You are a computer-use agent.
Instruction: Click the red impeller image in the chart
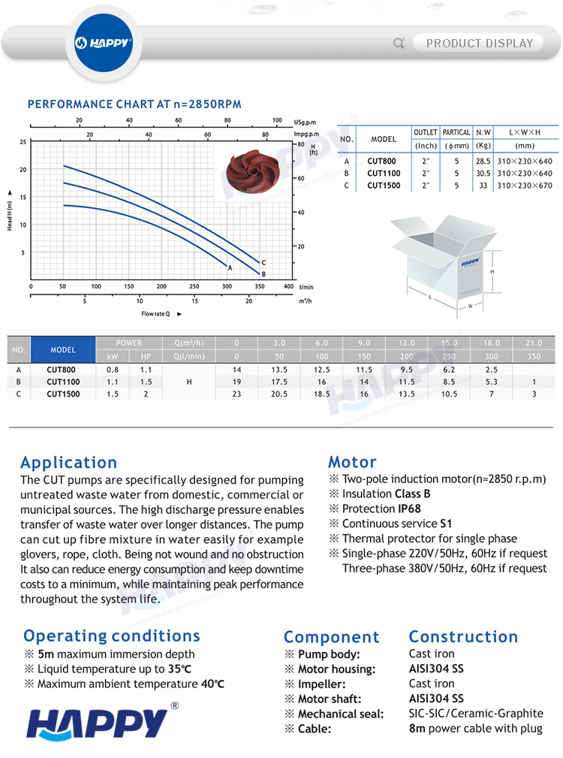click(x=252, y=171)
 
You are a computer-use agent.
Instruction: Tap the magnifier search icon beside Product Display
click(x=399, y=43)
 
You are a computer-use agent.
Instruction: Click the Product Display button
click(x=479, y=43)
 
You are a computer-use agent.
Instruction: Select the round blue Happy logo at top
click(x=104, y=43)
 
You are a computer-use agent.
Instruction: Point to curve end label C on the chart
click(x=263, y=262)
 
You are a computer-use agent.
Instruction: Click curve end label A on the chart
click(x=230, y=267)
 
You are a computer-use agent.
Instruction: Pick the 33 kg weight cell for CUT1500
click(x=483, y=185)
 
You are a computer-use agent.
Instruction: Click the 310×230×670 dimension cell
click(x=525, y=185)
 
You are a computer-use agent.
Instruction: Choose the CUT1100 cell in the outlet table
click(x=384, y=173)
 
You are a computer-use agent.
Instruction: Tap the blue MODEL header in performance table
click(x=63, y=349)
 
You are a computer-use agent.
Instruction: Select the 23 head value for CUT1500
click(x=236, y=394)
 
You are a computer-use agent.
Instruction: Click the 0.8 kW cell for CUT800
click(x=113, y=370)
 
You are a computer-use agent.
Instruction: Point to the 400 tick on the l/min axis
click(x=289, y=286)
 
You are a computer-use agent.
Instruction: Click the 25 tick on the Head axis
click(x=23, y=142)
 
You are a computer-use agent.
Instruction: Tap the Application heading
click(x=68, y=463)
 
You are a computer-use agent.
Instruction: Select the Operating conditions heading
click(x=112, y=636)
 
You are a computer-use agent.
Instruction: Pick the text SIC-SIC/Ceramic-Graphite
click(x=476, y=714)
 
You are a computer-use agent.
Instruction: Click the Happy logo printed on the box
click(x=471, y=262)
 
